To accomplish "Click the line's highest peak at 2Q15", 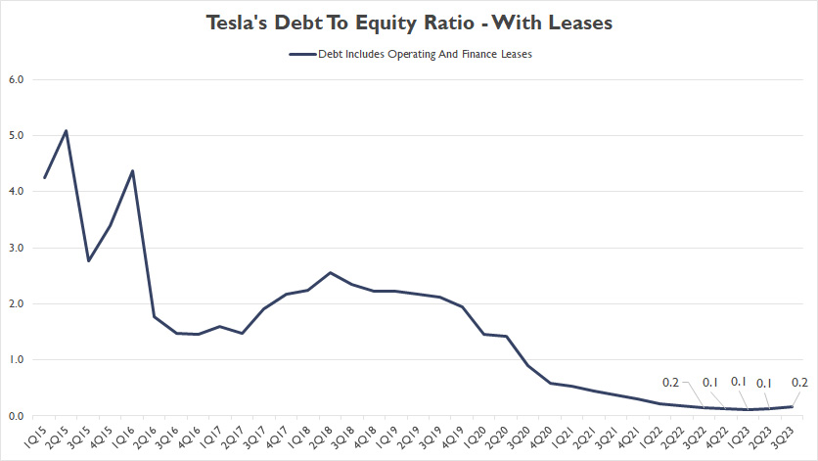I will point(67,130).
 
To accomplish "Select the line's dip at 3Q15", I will point(89,260).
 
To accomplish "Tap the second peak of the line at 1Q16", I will point(133,171).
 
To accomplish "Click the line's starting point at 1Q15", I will point(45,177).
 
